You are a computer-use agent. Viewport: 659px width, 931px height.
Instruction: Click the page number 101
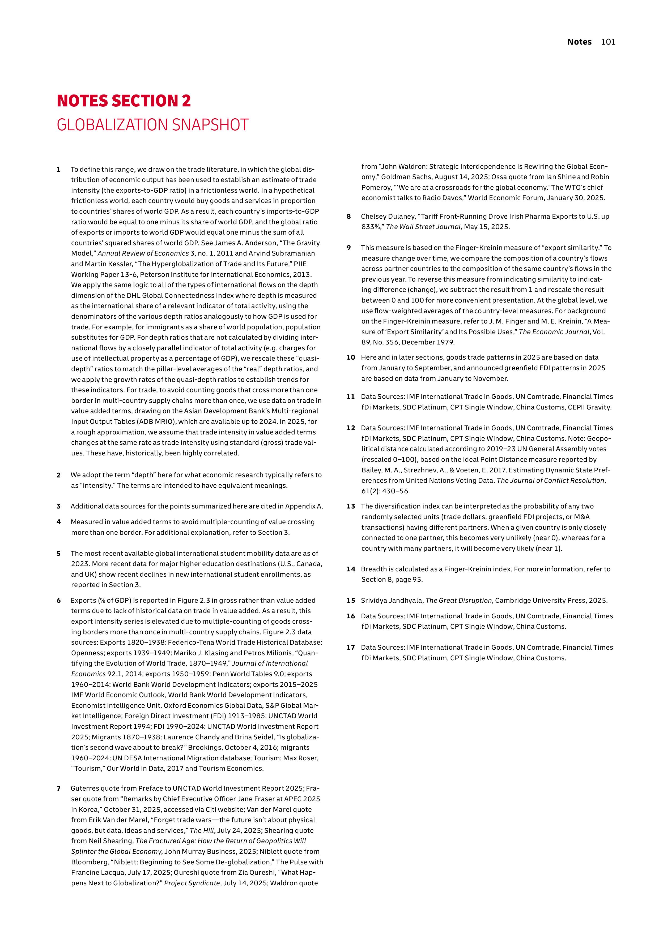(x=608, y=42)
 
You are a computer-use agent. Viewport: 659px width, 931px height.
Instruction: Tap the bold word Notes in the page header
(x=579, y=42)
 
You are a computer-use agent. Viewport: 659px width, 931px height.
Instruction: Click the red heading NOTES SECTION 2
(x=124, y=101)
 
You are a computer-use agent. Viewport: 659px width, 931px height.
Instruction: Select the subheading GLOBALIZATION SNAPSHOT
(x=152, y=125)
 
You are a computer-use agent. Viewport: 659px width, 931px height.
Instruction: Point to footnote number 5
(x=59, y=554)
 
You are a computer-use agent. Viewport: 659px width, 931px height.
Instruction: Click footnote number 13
(x=351, y=506)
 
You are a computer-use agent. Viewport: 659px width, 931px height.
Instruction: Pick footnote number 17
(x=351, y=648)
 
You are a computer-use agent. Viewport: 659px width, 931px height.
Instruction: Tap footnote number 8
(x=348, y=217)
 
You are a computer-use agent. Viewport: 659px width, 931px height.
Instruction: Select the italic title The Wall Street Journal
(x=424, y=227)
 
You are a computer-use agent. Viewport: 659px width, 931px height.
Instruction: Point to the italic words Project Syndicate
(x=192, y=883)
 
